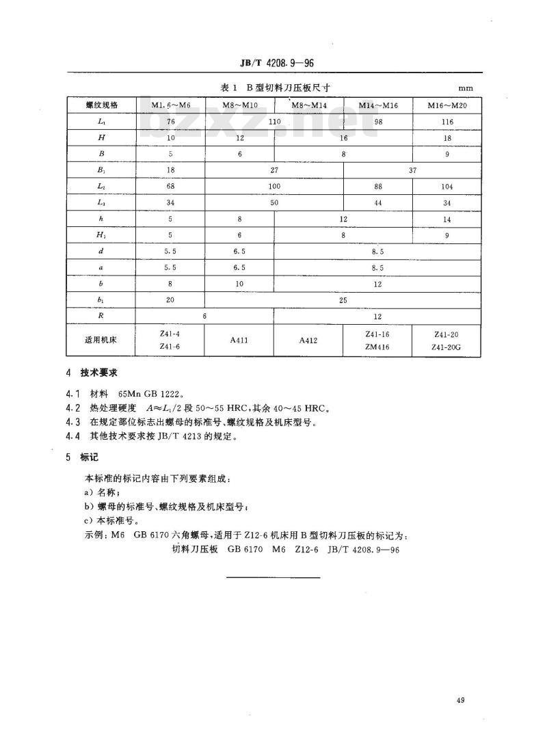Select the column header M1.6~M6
click(x=170, y=105)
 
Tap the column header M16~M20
click(x=446, y=105)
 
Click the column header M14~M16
click(x=377, y=105)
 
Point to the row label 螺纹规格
click(x=101, y=105)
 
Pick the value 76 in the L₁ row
click(x=170, y=121)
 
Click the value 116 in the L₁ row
click(x=446, y=121)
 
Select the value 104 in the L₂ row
click(x=446, y=186)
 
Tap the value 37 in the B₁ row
click(x=412, y=170)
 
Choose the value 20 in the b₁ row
click(x=170, y=300)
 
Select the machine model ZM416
click(x=377, y=347)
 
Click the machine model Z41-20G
click(x=446, y=347)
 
